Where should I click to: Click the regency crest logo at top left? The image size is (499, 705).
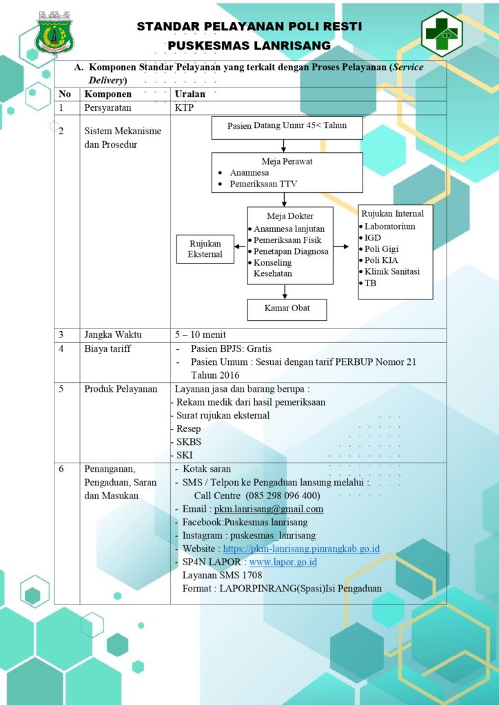tap(54, 32)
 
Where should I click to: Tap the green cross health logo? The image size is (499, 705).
tap(442, 34)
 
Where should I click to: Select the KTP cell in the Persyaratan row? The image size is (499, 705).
tap(184, 108)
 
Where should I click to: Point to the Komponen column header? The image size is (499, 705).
tap(108, 94)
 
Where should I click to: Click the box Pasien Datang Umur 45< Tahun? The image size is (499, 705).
tap(287, 127)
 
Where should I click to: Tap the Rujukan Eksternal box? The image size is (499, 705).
tap(205, 249)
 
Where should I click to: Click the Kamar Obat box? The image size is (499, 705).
tap(287, 309)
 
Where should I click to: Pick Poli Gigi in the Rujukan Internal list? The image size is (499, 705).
tap(378, 249)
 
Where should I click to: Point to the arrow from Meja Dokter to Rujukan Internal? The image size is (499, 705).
tap(341, 246)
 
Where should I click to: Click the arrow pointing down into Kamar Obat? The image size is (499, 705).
tap(285, 291)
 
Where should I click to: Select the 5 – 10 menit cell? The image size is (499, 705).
tap(201, 335)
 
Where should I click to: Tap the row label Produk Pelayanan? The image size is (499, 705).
tap(121, 389)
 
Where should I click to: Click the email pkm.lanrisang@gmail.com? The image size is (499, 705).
tap(269, 509)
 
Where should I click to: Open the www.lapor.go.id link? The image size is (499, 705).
tap(283, 562)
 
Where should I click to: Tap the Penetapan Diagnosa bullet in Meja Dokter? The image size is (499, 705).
tap(288, 251)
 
